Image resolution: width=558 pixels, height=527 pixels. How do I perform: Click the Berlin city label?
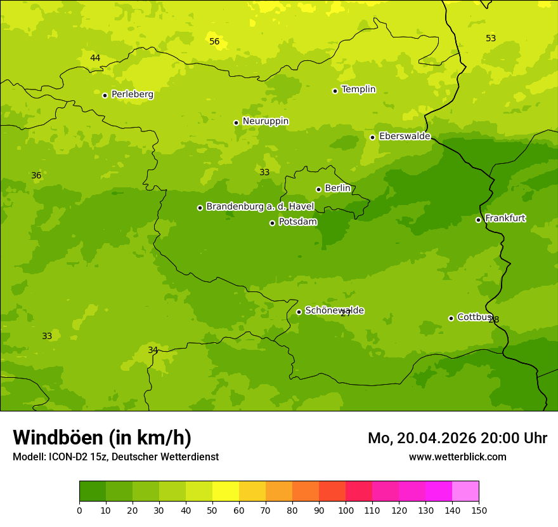(x=337, y=189)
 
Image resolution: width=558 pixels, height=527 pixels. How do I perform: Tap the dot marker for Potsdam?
(x=273, y=223)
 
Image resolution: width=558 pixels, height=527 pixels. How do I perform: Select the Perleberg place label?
(x=133, y=95)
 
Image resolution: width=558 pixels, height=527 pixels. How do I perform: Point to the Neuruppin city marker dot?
(x=236, y=123)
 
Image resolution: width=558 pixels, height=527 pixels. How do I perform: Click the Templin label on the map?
(x=358, y=90)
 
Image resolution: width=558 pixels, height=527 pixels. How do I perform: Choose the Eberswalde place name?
(x=405, y=137)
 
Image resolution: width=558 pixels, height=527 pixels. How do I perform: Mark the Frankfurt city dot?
(x=478, y=220)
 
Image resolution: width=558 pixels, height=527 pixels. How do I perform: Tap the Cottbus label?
(x=474, y=317)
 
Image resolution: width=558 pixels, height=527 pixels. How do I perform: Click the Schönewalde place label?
(x=334, y=310)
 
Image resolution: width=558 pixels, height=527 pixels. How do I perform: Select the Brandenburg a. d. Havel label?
(x=260, y=206)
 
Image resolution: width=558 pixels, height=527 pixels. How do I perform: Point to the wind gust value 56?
(x=214, y=42)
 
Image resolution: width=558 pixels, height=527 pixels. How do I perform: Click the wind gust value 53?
(x=491, y=39)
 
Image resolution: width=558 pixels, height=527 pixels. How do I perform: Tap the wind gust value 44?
(x=95, y=58)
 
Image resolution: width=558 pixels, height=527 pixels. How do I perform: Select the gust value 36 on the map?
(x=36, y=176)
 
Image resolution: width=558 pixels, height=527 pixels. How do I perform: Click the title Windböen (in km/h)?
(x=102, y=437)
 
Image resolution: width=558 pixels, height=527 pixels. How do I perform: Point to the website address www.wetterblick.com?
(x=457, y=457)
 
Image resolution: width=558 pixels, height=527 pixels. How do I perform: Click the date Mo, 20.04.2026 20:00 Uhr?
(x=457, y=438)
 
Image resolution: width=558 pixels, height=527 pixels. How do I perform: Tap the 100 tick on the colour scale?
(x=346, y=510)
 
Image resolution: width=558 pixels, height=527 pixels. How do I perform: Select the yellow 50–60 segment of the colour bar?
(x=226, y=491)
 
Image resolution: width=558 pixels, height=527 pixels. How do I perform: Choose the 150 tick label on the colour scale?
(x=479, y=510)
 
